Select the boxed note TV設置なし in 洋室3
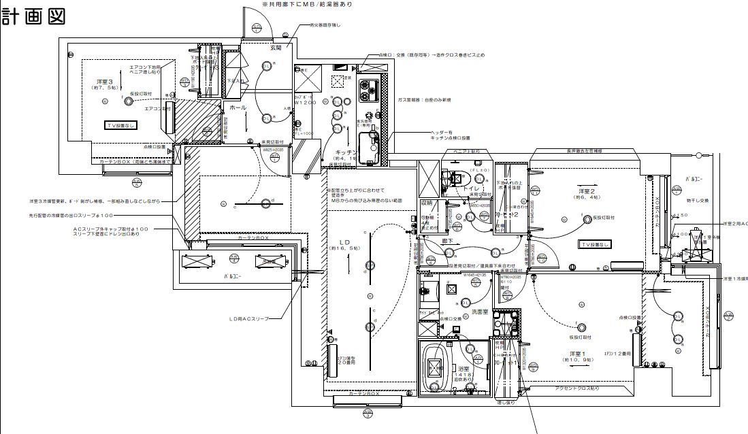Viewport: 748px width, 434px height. click(x=121, y=125)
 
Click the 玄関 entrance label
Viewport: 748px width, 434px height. click(x=275, y=48)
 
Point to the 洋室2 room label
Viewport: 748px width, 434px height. click(x=586, y=191)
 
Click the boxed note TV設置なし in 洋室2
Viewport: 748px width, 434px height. click(x=595, y=244)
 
